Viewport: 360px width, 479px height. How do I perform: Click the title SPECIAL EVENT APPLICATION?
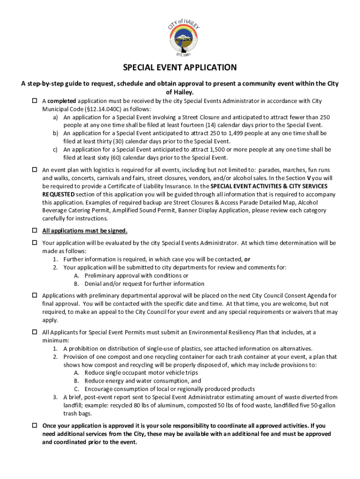(x=180, y=67)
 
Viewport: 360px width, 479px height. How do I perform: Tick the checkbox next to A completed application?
(x=34, y=101)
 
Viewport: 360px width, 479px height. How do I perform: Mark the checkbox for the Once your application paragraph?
(x=34, y=426)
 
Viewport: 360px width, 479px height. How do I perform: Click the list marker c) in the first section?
(x=55, y=150)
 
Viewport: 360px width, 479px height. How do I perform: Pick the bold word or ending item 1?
(x=247, y=259)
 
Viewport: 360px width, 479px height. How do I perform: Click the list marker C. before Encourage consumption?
(x=77, y=389)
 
